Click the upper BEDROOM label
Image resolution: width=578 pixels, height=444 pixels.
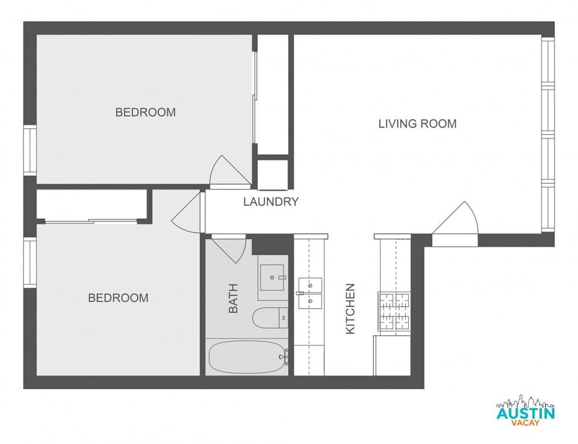146,113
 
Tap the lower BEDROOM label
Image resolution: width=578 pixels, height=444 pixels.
118,298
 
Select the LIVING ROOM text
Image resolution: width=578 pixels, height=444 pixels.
417,124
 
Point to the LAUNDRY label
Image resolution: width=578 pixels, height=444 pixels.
271,202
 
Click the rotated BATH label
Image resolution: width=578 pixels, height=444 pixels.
234,298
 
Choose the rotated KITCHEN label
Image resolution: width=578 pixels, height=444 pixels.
350,309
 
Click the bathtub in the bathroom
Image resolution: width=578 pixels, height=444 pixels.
247,357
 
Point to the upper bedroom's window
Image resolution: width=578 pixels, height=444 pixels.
30,150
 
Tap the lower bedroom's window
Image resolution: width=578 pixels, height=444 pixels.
30,262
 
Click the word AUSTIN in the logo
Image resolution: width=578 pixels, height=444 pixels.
525,413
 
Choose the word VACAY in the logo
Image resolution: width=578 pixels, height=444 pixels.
525,424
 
